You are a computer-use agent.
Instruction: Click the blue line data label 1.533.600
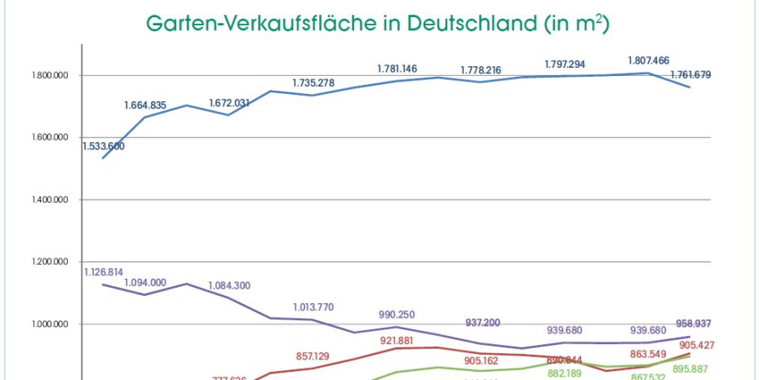(103, 146)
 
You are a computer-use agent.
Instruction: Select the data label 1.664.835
(145, 105)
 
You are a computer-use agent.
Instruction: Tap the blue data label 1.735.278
(314, 83)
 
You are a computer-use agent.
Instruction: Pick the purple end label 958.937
(692, 324)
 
